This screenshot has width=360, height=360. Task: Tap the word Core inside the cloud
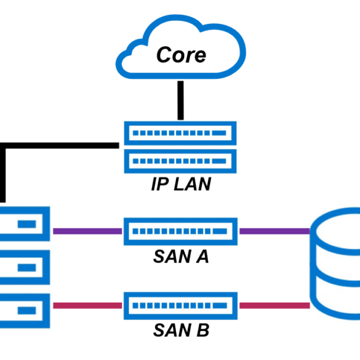181,55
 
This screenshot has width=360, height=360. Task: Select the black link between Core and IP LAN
181,100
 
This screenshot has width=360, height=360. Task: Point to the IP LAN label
181,184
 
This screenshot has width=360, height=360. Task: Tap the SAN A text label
181,257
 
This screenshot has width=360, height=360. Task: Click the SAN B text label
181,330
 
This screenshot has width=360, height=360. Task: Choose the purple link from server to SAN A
87,231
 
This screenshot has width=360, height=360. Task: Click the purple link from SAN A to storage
274,231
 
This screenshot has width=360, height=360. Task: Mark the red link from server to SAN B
87,306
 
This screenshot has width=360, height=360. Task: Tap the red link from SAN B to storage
274,306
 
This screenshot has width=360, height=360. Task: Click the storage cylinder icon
313,264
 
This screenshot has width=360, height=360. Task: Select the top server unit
46,224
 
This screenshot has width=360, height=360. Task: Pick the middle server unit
46,268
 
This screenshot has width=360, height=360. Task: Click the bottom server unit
46,311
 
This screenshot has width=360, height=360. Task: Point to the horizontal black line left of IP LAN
60,146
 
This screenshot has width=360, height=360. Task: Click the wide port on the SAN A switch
220,231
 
